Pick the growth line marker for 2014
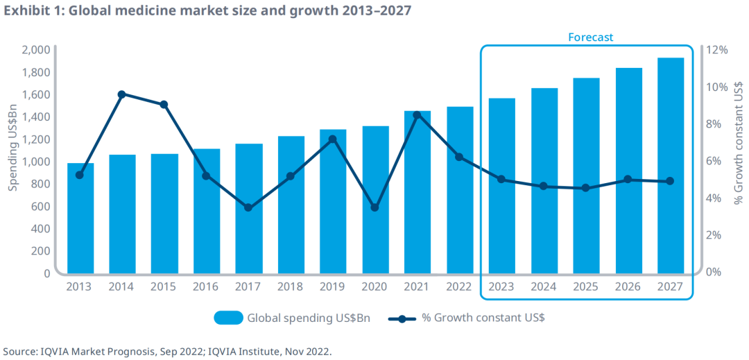121,94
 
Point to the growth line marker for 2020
375,207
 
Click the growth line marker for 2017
248,207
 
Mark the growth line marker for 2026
628,180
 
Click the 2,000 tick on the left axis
36,50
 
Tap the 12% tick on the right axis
717,50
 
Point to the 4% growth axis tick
714,198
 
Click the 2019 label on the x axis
332,286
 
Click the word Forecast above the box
591,37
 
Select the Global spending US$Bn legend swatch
228,318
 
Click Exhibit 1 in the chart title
33,12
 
